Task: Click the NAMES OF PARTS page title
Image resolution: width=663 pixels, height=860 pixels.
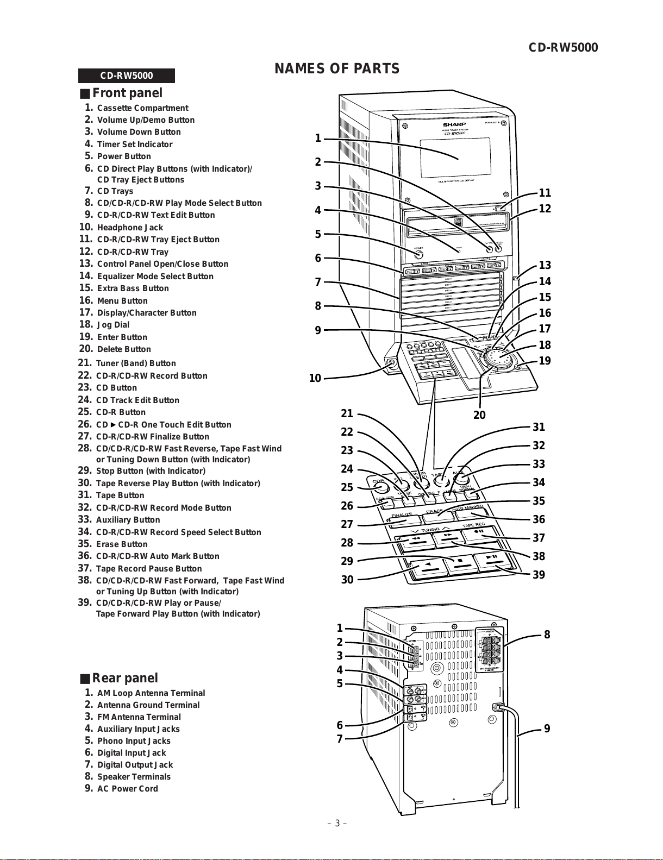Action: [x=337, y=69]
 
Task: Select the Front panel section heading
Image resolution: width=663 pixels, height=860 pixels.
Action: [x=127, y=93]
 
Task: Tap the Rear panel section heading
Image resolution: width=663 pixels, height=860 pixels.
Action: [x=124, y=678]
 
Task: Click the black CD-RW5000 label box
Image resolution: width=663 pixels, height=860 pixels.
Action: [x=127, y=76]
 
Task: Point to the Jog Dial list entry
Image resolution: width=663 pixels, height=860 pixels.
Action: [x=113, y=325]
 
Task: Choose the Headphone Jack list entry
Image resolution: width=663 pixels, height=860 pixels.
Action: [x=130, y=228]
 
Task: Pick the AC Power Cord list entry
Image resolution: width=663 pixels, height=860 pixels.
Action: [x=127, y=789]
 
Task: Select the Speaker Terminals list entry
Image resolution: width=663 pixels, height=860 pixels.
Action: [x=134, y=777]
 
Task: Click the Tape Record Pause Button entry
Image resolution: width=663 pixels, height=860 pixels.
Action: [x=148, y=569]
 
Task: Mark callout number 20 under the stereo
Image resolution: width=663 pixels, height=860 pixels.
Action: [x=479, y=415]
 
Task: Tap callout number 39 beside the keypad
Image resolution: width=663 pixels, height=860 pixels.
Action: [x=539, y=575]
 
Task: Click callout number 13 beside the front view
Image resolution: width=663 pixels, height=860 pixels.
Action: [x=545, y=265]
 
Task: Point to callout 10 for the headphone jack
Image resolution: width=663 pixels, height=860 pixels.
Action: [x=315, y=378]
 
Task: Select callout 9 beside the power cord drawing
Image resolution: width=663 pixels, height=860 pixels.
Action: [x=547, y=729]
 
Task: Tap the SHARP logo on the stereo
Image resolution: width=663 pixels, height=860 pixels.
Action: [x=454, y=124]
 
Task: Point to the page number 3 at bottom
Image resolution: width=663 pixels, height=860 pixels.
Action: [x=337, y=823]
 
